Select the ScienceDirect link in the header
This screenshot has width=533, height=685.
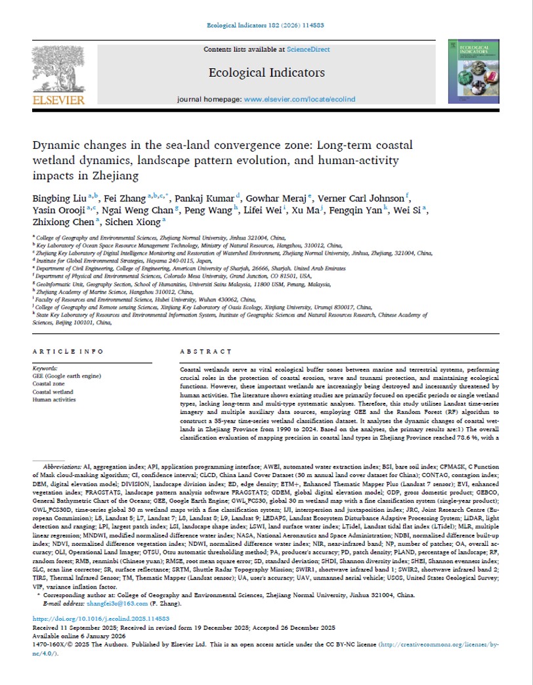[x=307, y=49]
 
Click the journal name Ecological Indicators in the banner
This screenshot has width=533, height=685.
[x=266, y=72]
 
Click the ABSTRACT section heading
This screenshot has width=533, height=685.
[x=200, y=352]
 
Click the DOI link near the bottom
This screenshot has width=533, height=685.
[x=100, y=636]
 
